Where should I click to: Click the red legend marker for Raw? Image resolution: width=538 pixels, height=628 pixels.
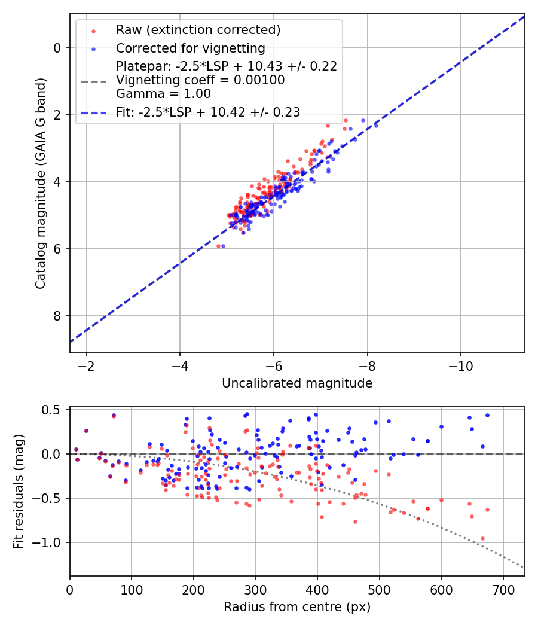pyautogui.click(x=93, y=31)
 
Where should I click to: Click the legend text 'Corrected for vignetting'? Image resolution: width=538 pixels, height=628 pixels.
pyautogui.click(x=190, y=48)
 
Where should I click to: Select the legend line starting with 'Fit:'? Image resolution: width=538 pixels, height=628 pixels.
pyautogui.click(x=208, y=112)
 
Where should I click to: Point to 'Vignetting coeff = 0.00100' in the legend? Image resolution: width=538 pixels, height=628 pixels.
pyautogui.click(x=200, y=80)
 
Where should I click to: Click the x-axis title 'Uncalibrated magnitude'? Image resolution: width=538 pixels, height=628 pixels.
pyautogui.click(x=297, y=383)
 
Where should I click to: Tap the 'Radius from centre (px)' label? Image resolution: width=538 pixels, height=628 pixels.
pyautogui.click(x=297, y=607)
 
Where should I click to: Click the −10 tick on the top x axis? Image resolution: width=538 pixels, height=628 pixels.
pyautogui.click(x=461, y=365)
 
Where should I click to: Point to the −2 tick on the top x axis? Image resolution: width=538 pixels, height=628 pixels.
pyautogui.click(x=87, y=365)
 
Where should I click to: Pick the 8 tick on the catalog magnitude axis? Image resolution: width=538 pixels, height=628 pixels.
pyautogui.click(x=57, y=316)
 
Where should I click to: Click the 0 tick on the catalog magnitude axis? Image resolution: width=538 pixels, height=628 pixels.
pyautogui.click(x=57, y=48)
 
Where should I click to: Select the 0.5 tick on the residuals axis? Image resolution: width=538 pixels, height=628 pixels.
pyautogui.click(x=54, y=410)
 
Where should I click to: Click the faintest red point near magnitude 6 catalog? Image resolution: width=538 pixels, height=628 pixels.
pyautogui.click(x=219, y=246)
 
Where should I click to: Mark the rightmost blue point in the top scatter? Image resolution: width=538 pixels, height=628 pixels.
pyautogui.click(x=376, y=126)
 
